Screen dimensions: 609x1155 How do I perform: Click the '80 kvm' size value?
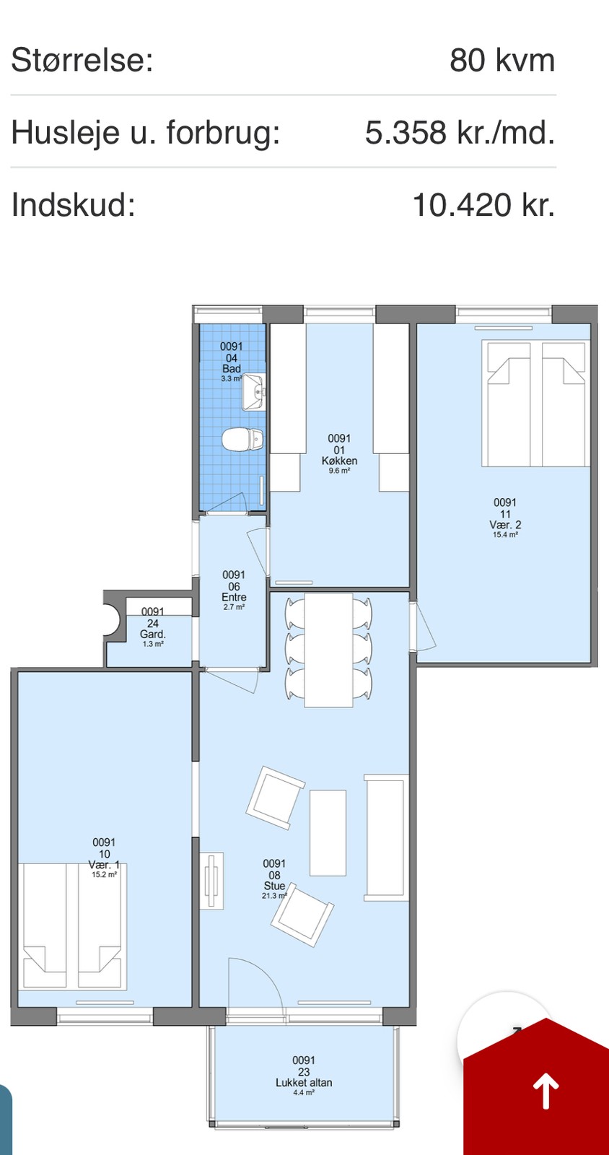point(502,61)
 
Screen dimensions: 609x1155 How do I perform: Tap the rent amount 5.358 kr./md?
point(460,133)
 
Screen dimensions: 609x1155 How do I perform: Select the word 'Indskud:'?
point(73,205)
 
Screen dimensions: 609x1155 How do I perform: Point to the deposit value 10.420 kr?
point(483,205)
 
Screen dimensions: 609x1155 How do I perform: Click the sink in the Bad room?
point(253,393)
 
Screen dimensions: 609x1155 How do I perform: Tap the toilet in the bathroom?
point(243,440)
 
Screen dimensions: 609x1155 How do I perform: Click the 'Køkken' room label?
point(339,461)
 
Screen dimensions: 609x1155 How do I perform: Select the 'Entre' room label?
point(234,597)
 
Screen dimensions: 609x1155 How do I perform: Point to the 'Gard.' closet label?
point(152,635)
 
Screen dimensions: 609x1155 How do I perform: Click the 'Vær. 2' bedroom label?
point(505,525)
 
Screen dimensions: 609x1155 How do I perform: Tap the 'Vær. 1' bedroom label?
point(104,865)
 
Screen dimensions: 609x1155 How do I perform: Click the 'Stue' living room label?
point(274,886)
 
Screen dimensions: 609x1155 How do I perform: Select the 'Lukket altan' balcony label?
point(304,1083)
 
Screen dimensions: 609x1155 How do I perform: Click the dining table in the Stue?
point(328,650)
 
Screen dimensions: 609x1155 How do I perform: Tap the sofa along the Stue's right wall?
point(385,838)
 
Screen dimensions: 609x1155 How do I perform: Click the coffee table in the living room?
point(328,833)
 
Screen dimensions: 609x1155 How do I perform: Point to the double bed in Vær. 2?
point(535,404)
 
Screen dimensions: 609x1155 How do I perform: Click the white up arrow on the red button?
point(546,1091)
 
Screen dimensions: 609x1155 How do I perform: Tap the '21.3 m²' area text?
point(274,896)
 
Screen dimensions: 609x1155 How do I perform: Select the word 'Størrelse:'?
point(82,61)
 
